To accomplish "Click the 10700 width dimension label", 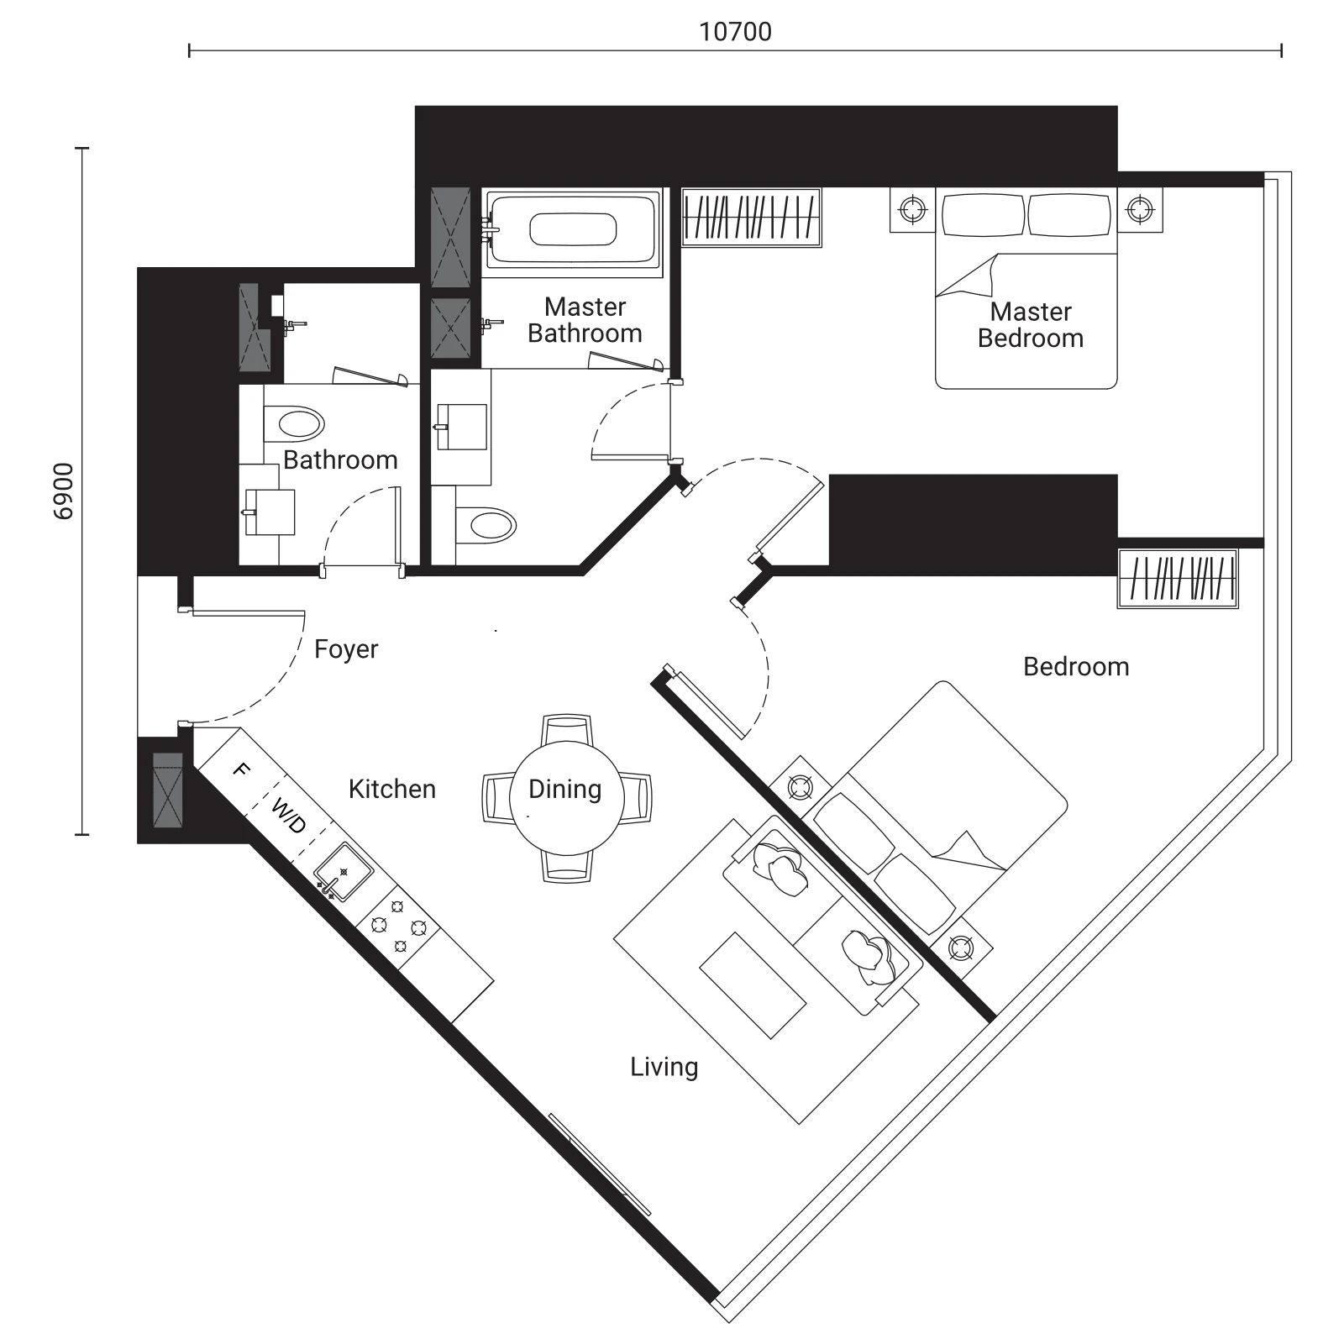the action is (x=735, y=32).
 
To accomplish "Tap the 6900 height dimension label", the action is (x=64, y=491).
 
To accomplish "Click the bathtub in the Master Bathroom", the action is (x=572, y=229).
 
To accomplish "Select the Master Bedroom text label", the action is (x=1031, y=325).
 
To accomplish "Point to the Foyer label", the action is (x=346, y=649).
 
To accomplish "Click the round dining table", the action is (x=567, y=797).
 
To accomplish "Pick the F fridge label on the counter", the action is (x=241, y=769).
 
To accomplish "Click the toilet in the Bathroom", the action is (x=293, y=424).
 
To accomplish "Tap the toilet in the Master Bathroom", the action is (x=486, y=525).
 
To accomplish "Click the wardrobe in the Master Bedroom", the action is (x=751, y=218).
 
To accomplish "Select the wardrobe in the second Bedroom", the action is (x=1178, y=579).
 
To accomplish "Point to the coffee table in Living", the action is (x=753, y=985).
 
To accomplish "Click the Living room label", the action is (x=664, y=1068).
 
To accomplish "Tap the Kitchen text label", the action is (x=392, y=789).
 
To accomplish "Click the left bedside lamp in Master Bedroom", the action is (x=912, y=208).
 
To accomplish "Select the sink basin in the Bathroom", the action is (x=270, y=512).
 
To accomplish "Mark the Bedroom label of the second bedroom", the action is (x=1076, y=667).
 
